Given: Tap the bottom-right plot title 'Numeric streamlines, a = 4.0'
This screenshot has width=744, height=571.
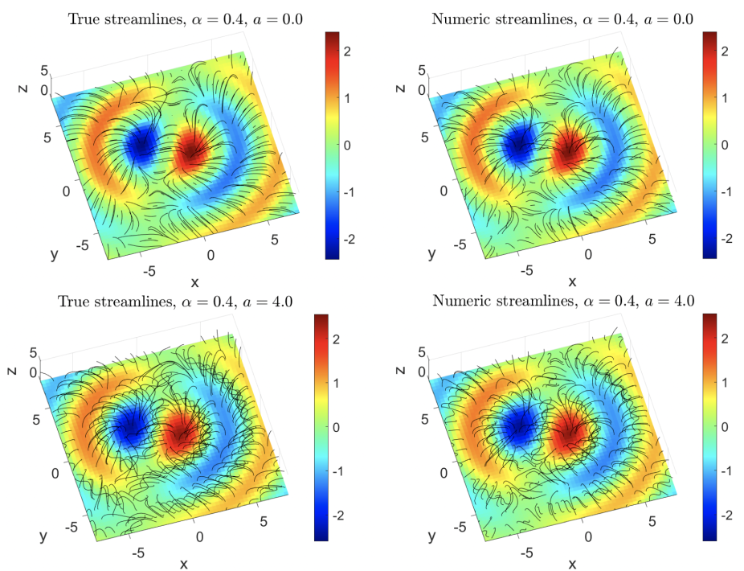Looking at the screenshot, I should coord(563,302).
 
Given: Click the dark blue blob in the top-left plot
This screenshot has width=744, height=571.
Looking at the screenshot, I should coord(142,143).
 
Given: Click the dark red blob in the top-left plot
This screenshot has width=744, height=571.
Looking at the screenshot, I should coord(193,149).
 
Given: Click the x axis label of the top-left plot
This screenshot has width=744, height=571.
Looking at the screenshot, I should coord(194,282).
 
